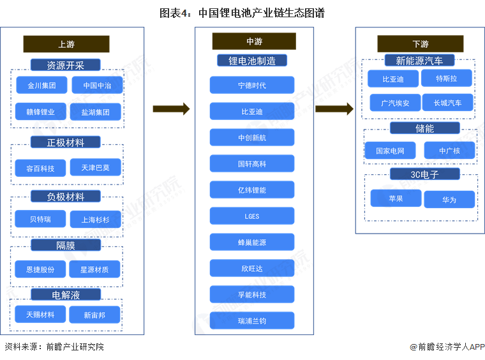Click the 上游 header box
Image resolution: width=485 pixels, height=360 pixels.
(66, 44)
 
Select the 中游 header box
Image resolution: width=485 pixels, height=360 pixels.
(254, 41)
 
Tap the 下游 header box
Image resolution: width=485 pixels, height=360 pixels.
(420, 44)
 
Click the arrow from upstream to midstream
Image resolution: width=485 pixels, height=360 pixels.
(171, 109)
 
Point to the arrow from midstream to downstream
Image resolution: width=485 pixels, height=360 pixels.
(334, 109)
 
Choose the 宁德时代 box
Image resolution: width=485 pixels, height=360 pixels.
(252, 86)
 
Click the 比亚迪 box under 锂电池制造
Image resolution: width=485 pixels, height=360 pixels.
(252, 112)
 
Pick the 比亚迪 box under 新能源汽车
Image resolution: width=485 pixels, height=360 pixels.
(393, 79)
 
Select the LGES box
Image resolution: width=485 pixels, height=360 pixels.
(252, 216)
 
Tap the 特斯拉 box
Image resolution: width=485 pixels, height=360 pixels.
(446, 79)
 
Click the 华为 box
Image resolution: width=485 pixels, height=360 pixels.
(449, 200)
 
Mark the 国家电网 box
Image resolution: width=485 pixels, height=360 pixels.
(390, 151)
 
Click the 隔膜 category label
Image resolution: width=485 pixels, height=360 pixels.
(66, 245)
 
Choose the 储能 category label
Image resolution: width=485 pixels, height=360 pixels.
(424, 128)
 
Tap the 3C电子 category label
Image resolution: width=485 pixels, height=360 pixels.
(424, 174)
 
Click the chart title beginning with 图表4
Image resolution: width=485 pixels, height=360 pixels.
(242, 11)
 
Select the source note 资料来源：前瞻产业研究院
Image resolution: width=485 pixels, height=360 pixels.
(54, 347)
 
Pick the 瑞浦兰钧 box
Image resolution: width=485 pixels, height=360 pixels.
(252, 320)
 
